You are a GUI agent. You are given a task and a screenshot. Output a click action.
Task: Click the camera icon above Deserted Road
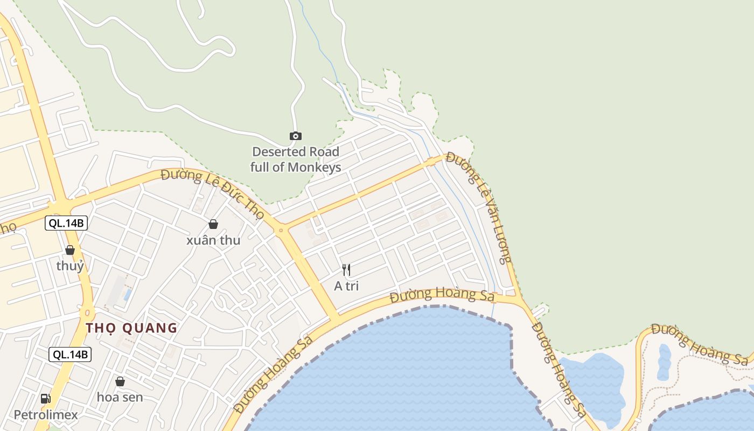tap(295, 136)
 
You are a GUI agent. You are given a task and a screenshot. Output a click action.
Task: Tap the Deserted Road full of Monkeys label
tap(296, 159)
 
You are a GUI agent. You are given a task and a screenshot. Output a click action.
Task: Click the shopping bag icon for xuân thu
tap(213, 224)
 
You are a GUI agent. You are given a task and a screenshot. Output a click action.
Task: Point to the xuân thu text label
tap(213, 240)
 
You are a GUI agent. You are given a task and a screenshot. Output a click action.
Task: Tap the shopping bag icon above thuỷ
tap(69, 250)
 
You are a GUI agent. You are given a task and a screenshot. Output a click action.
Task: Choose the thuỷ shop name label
tap(70, 266)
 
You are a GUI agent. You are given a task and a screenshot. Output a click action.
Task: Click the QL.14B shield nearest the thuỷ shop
tap(66, 223)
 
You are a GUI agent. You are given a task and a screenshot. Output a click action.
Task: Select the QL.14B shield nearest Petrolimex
tap(70, 354)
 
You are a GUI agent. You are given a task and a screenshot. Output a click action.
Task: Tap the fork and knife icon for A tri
tap(346, 269)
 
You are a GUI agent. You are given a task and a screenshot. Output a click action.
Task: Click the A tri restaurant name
tap(346, 286)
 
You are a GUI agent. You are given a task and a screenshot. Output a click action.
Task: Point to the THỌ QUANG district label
tap(131, 328)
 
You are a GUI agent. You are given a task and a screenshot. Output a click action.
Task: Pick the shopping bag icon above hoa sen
tap(120, 381)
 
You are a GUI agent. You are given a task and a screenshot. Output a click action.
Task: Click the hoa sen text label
tap(120, 398)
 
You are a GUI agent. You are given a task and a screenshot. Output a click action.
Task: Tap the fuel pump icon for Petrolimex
tap(46, 399)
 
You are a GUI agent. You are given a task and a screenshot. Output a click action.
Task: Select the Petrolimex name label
tap(46, 415)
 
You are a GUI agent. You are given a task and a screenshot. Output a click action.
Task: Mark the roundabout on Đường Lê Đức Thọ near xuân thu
tap(281, 231)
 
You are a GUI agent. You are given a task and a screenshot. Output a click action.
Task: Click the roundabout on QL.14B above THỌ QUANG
tap(86, 312)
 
